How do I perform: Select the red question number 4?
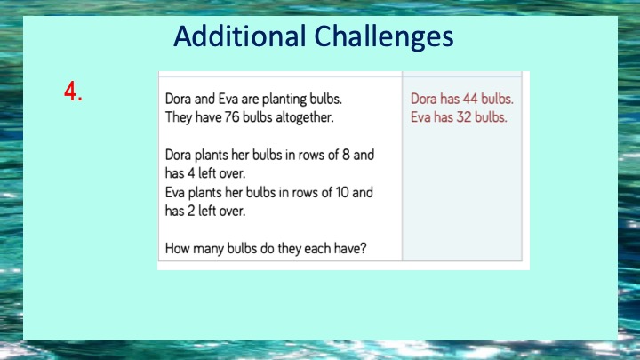click(73, 91)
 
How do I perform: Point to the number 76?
click(231, 117)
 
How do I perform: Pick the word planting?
click(284, 100)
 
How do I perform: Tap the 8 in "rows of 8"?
click(346, 155)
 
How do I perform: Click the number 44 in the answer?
click(470, 99)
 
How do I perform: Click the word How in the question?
click(177, 248)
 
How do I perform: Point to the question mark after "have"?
click(363, 248)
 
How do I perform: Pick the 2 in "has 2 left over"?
click(191, 211)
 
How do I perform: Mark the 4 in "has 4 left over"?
click(191, 173)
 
